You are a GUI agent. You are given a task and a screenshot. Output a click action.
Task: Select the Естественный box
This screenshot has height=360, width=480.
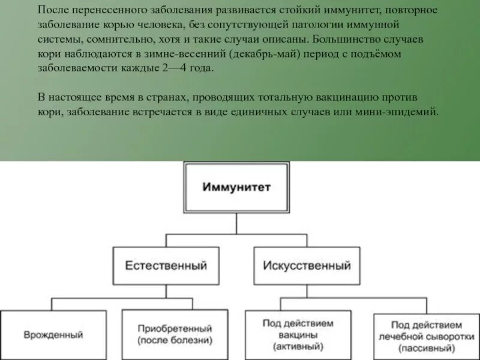166,265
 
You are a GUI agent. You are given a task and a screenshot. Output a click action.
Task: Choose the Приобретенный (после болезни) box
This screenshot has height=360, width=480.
175,334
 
